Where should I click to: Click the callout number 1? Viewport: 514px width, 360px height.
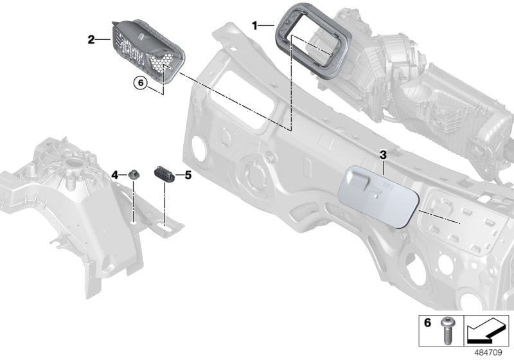(255, 26)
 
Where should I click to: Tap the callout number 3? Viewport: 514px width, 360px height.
(383, 155)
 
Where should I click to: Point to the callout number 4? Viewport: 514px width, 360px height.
(115, 175)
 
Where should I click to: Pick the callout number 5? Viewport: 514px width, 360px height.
(188, 174)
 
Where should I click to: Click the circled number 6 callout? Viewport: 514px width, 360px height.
(139, 82)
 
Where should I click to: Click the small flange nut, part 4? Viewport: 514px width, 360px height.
(134, 174)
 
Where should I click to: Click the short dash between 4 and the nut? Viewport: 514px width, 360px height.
(123, 175)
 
